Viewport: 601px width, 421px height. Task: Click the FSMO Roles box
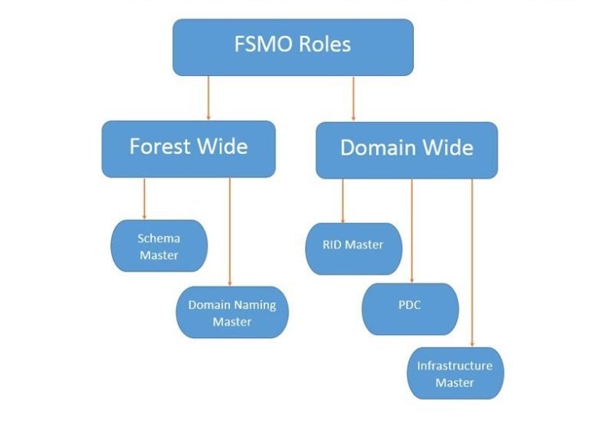(293, 47)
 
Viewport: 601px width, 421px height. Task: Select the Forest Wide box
(189, 148)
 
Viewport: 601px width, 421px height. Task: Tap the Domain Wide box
(406, 149)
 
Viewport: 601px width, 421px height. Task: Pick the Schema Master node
(159, 246)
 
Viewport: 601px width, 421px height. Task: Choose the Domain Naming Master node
(232, 312)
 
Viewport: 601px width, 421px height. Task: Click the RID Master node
(354, 248)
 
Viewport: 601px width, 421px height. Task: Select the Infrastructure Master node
(455, 373)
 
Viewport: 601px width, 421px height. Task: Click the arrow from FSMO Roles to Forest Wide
(208, 98)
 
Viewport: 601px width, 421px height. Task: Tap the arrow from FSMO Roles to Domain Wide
(353, 98)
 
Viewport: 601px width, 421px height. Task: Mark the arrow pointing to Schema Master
(144, 199)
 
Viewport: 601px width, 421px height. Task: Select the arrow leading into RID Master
(343, 201)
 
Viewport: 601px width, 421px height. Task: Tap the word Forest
(157, 146)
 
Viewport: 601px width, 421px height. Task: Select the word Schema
(159, 238)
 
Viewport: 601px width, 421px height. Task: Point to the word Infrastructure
(455, 365)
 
